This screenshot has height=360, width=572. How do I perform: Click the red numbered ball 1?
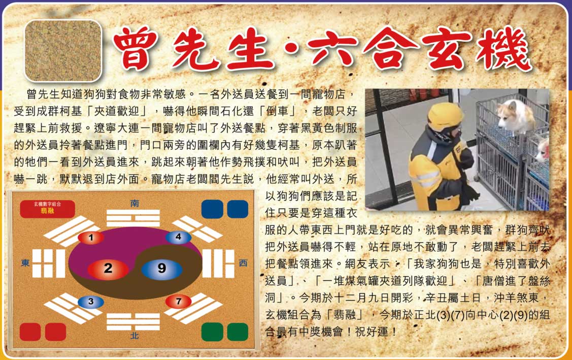pyautogui.click(x=91, y=238)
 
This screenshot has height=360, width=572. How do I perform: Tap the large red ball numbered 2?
pyautogui.click(x=108, y=269)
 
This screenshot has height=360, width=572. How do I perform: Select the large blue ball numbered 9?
pyautogui.click(x=161, y=269)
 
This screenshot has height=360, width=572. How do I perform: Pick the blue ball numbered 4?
pyautogui.click(x=178, y=237)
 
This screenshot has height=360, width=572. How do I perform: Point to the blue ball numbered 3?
pyautogui.click(x=91, y=302)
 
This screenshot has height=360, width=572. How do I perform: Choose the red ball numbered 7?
pyautogui.click(x=178, y=301)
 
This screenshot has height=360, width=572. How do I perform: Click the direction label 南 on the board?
pyautogui.click(x=134, y=204)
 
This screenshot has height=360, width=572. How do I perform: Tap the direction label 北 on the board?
pyautogui.click(x=134, y=335)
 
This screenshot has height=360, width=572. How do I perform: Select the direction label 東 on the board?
pyautogui.click(x=25, y=263)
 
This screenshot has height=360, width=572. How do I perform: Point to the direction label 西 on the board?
pyautogui.click(x=243, y=263)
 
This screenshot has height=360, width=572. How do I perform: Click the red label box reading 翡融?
pyautogui.click(x=47, y=209)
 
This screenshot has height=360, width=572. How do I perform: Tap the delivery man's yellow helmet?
pyautogui.click(x=445, y=117)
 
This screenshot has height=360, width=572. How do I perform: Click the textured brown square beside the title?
pyautogui.click(x=63, y=50)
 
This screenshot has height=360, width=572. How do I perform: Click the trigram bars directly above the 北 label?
pyautogui.click(x=133, y=321)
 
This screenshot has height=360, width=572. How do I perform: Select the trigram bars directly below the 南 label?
pyautogui.click(x=133, y=218)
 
